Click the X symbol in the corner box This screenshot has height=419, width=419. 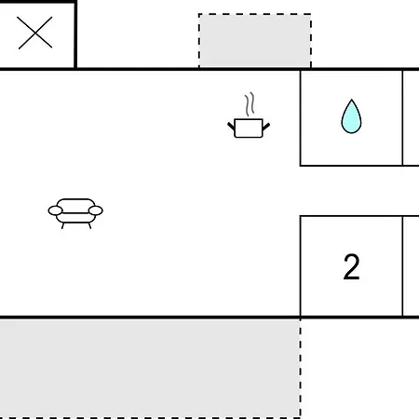pos(35,33)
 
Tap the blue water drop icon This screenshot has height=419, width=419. pos(351,116)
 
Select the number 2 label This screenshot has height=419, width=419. pos(352,267)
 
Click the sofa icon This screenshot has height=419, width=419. pos(75,213)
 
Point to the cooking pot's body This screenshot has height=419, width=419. pos(249,128)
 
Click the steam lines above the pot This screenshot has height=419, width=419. pos(250,104)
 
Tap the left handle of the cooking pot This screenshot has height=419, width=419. pos(231,126)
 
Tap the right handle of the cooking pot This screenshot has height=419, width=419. pos(266,126)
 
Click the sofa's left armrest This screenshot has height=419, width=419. pos(55,210)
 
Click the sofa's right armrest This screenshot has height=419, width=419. pos(96,210)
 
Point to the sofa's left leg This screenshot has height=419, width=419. pos(63,225)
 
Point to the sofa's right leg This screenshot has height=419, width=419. pos(89,225)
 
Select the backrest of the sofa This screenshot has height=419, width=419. pos(75,206)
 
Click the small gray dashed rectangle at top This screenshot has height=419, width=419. pos(255,40)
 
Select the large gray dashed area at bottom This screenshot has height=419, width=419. pos(150,369)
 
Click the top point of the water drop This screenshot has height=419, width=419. pos(351,100)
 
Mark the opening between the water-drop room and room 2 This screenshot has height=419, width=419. pos(351,191)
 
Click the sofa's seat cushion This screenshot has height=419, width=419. pos(75,218)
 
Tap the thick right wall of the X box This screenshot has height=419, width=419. pos(75,34)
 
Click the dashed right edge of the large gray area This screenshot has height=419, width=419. pos(301,369)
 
